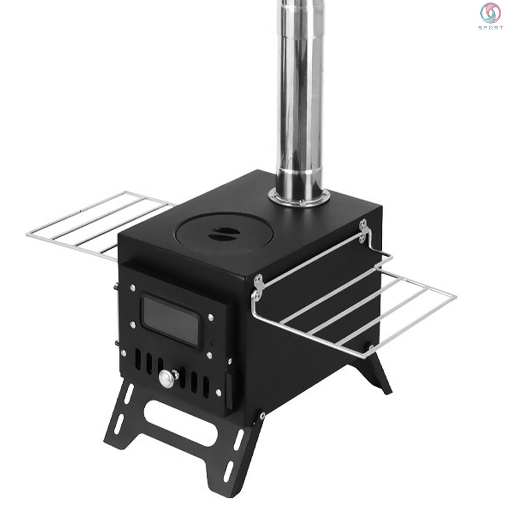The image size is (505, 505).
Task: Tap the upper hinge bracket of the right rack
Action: coord(365,229)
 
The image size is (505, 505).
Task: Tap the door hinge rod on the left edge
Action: coord(116,316)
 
